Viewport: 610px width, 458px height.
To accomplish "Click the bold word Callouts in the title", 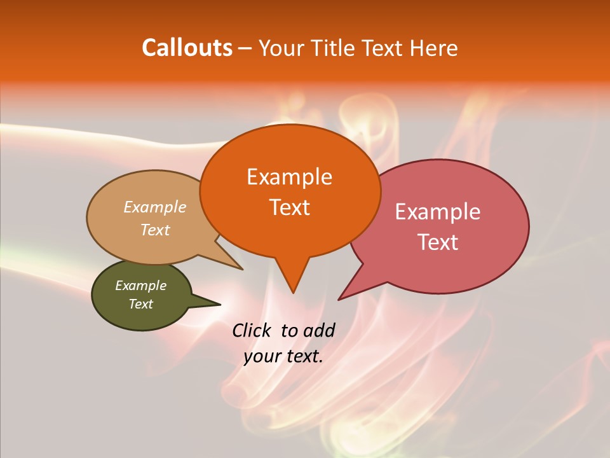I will click(x=187, y=48).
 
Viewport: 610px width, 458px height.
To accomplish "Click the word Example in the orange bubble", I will click(x=289, y=176).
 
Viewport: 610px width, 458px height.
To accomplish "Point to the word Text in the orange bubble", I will click(x=289, y=207).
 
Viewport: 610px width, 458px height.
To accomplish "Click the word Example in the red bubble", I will click(x=438, y=211).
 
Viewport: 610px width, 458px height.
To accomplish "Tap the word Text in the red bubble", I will click(x=438, y=242).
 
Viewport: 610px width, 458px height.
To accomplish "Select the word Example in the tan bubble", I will click(x=154, y=207).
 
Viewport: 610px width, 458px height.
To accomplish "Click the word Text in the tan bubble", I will click(x=154, y=230).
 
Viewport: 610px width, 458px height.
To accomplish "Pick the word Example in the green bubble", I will click(x=140, y=286).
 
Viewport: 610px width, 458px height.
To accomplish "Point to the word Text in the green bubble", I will click(x=140, y=304).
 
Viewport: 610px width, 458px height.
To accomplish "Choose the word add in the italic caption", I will click(x=320, y=330).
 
